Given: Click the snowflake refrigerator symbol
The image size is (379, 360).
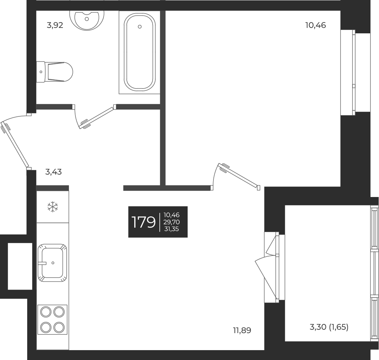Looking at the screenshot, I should click(x=52, y=207).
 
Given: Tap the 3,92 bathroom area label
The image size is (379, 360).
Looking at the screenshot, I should click(x=55, y=26).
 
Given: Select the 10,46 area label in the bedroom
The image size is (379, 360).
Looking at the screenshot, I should click(x=315, y=25).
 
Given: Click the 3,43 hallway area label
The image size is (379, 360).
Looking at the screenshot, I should click(x=53, y=172).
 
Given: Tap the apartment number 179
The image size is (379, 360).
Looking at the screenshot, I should click(x=143, y=222).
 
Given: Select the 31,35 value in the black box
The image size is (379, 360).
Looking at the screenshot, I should click(x=171, y=229).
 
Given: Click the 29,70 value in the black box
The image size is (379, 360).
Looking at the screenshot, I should click(x=171, y=222).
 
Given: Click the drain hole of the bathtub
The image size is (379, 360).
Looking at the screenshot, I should click(x=140, y=27).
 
